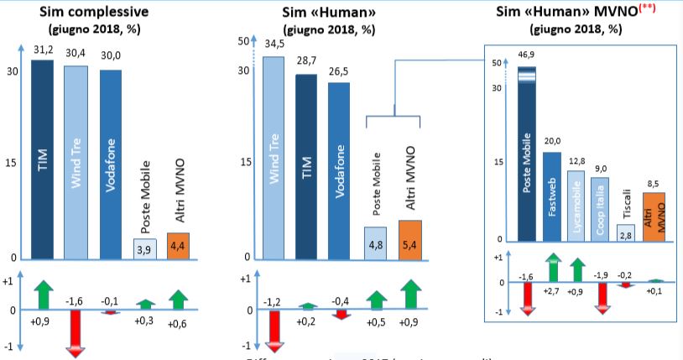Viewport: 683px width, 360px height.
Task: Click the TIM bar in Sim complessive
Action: (43, 159)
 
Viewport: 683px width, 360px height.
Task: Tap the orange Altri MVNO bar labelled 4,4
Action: (179, 245)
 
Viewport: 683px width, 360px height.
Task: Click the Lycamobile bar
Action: (575, 206)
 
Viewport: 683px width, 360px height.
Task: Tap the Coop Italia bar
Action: (599, 209)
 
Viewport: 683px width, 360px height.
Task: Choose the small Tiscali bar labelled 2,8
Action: (626, 232)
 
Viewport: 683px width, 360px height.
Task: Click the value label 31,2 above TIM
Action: (43, 51)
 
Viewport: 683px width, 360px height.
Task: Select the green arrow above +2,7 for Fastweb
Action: (552, 269)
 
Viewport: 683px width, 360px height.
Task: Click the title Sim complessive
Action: (76, 11)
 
